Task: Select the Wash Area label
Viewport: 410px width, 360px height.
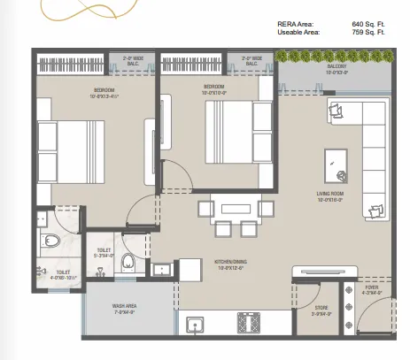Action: pos(124,309)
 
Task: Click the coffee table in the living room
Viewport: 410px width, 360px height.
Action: pos(336,160)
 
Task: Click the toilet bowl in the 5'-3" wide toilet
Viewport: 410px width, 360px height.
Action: pos(128,262)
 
